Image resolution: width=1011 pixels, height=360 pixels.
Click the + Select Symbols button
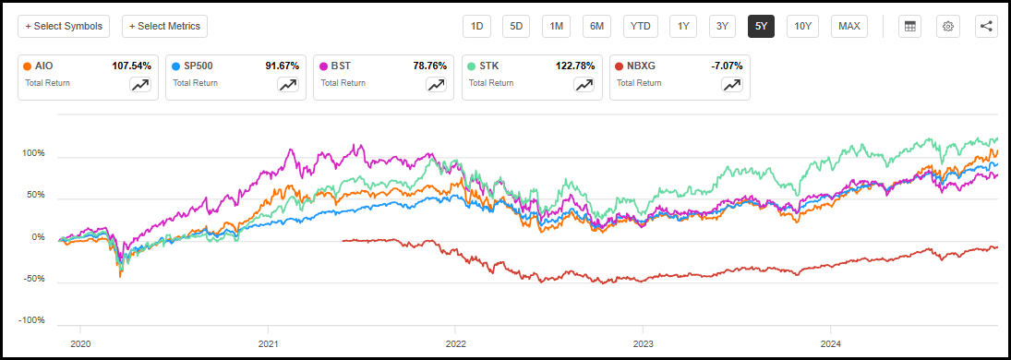tap(64, 26)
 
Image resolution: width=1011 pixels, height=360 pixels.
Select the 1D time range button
tap(477, 26)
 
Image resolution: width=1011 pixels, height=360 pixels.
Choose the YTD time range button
tap(640, 26)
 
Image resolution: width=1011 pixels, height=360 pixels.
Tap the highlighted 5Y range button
tap(761, 26)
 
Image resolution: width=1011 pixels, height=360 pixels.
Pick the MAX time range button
tap(849, 26)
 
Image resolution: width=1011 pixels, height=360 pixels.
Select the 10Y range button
tap(802, 26)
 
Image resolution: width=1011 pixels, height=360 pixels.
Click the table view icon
tap(909, 26)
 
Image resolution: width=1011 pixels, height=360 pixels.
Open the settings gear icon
tap(947, 26)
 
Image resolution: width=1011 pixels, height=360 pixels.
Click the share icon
tap(986, 26)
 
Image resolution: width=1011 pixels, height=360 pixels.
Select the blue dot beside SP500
tap(175, 66)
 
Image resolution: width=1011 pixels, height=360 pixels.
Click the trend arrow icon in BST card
tap(436, 84)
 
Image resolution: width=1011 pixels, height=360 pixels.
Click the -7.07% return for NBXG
tap(725, 66)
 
